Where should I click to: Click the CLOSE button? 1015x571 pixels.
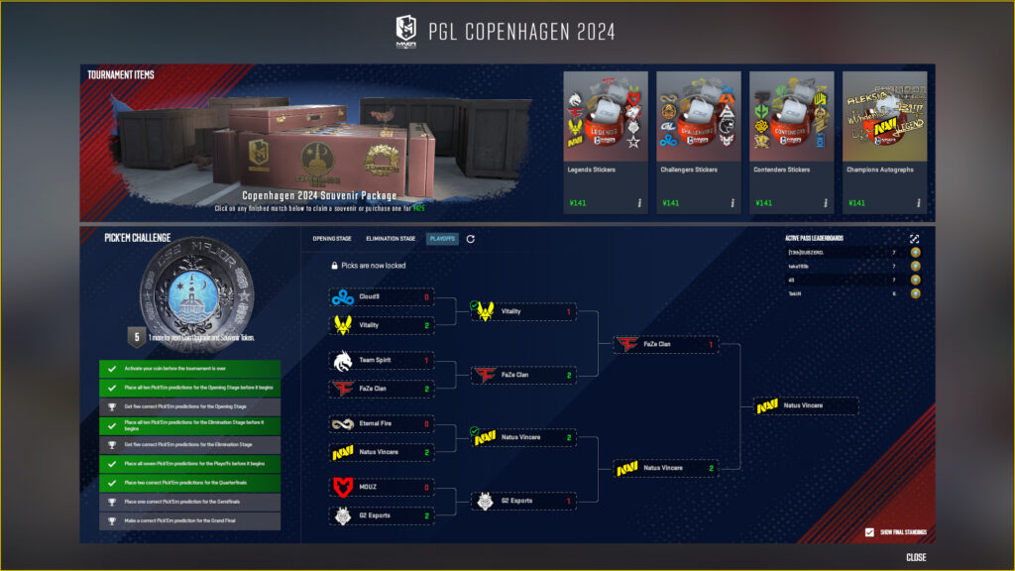click(x=916, y=557)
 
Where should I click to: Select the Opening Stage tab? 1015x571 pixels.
click(x=332, y=239)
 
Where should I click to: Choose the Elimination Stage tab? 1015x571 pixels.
click(x=391, y=239)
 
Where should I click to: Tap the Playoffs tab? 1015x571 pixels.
click(x=442, y=239)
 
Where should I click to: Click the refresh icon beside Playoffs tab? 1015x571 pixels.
click(x=471, y=239)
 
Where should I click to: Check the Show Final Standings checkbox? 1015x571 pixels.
click(x=870, y=532)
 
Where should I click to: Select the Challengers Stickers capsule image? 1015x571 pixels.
click(x=698, y=115)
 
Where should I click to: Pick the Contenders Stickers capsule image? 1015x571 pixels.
click(x=791, y=115)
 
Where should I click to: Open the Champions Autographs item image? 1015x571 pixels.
click(x=884, y=115)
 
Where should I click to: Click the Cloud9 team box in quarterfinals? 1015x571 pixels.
click(x=382, y=296)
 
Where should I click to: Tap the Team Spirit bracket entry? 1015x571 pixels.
click(x=382, y=360)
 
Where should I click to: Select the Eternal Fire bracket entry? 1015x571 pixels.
click(x=382, y=423)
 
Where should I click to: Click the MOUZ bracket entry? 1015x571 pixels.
click(x=382, y=487)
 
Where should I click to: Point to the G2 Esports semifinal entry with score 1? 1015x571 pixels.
click(x=523, y=501)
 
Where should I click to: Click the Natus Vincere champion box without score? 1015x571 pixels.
click(x=805, y=405)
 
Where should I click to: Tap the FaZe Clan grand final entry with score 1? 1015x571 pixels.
click(x=665, y=345)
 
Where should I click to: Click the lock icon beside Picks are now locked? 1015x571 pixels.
click(x=335, y=266)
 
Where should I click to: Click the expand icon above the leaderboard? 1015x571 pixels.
click(x=914, y=239)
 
